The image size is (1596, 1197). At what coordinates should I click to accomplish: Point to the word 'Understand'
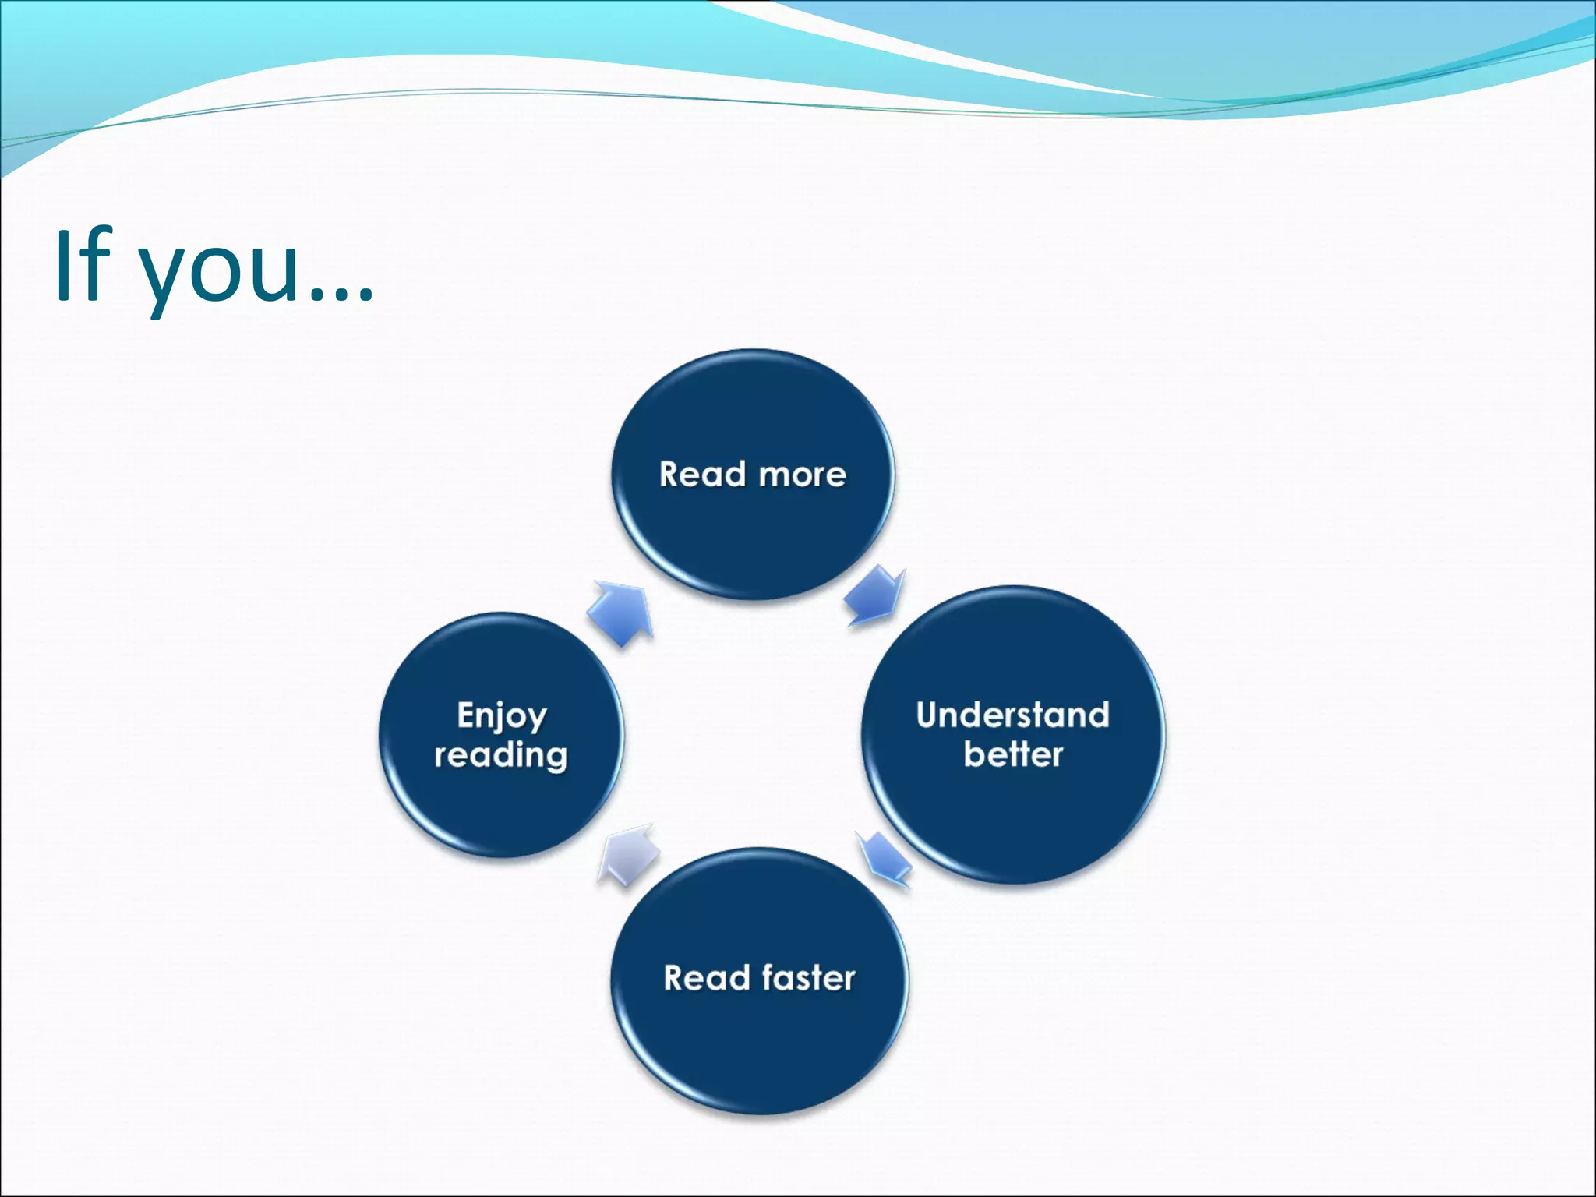(1012, 715)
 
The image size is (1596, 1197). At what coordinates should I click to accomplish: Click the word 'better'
(1012, 754)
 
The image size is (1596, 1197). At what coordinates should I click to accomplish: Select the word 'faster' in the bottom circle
(808, 978)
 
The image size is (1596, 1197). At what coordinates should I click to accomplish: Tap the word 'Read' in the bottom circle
(706, 979)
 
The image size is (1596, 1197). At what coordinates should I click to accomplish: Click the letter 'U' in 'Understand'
(928, 715)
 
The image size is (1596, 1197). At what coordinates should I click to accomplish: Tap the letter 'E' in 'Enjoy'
(466, 715)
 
